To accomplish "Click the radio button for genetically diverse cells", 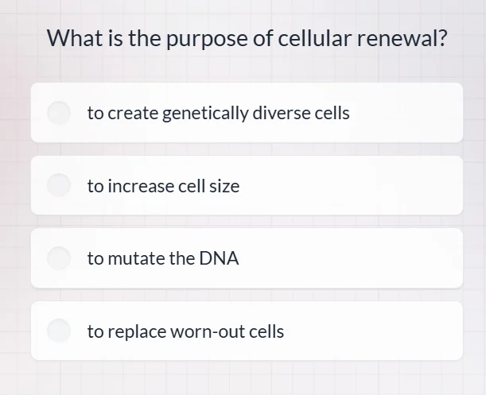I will coord(60,113).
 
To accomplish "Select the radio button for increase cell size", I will coord(60,186).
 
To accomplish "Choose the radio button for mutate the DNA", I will coord(60,258).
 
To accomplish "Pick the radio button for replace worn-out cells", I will coord(60,331).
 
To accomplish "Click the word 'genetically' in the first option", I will coord(205,114).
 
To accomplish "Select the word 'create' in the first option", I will coord(133,113).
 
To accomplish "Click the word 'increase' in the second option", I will coord(140,186).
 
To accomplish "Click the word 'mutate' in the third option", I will coord(136,258).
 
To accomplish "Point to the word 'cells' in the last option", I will coord(266,331).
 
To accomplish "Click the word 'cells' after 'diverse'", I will coord(332,113).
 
